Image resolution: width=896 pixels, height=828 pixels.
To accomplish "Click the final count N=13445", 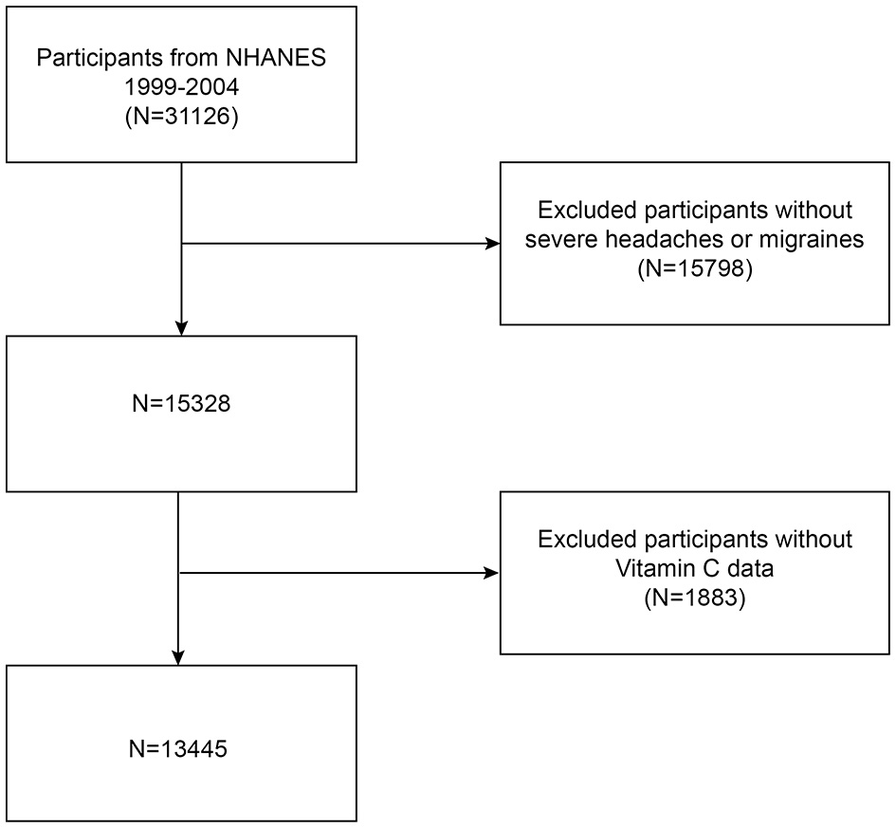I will [180, 749].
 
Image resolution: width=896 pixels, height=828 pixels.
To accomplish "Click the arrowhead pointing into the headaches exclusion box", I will [492, 244].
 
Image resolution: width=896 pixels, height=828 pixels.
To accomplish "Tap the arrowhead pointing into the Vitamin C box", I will [492, 573].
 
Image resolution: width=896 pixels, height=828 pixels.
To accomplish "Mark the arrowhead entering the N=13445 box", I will [179, 657].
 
